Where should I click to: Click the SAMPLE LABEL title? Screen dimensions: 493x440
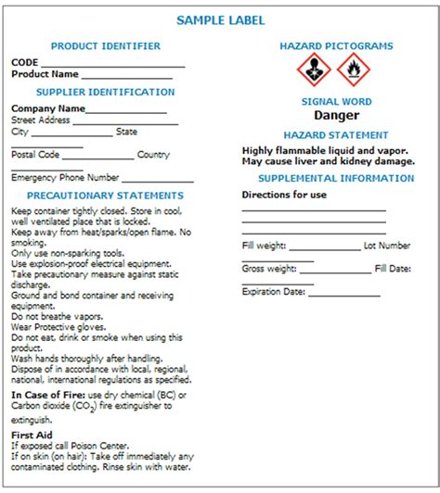click(x=220, y=19)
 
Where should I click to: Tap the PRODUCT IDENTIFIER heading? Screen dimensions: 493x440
click(x=105, y=45)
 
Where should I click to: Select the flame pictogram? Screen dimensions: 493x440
click(x=353, y=69)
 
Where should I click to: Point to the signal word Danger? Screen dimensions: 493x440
click(x=336, y=116)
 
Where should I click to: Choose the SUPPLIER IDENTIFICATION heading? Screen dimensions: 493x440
click(x=105, y=93)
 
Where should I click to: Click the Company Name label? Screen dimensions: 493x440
click(x=48, y=107)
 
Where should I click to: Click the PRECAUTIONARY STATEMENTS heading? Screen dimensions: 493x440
click(x=105, y=196)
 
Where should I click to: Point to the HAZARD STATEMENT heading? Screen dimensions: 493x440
click(x=336, y=134)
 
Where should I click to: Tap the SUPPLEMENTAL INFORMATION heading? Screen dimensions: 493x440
click(x=336, y=178)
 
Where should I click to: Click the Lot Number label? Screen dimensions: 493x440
click(x=387, y=246)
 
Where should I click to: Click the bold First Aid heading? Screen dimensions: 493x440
click(x=32, y=434)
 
